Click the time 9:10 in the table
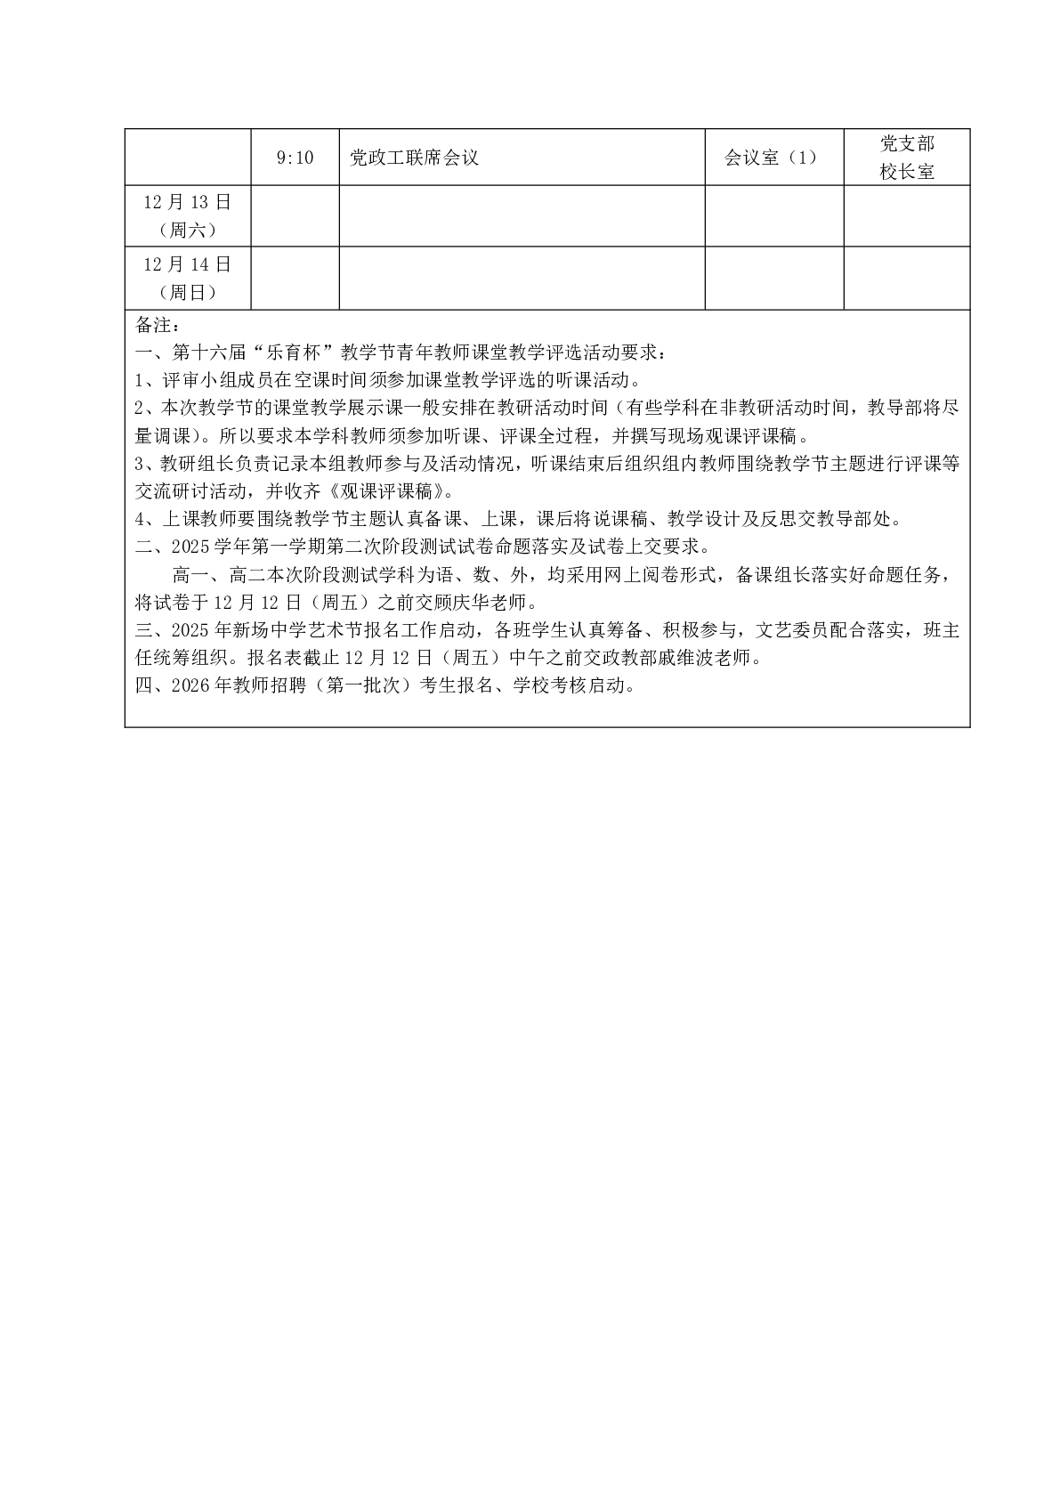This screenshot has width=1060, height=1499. pos(295,158)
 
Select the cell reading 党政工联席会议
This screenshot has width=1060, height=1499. pos(415,158)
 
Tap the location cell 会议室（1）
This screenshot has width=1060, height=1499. pos(771,158)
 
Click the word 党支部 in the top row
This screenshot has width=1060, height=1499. pos(907,144)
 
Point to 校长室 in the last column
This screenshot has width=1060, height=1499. pos(907,172)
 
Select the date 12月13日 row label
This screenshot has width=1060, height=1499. pos(187,202)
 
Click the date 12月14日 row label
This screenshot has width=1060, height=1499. pos(187,264)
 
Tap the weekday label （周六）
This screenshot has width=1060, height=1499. pos(187,230)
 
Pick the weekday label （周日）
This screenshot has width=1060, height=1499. pos(187,292)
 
